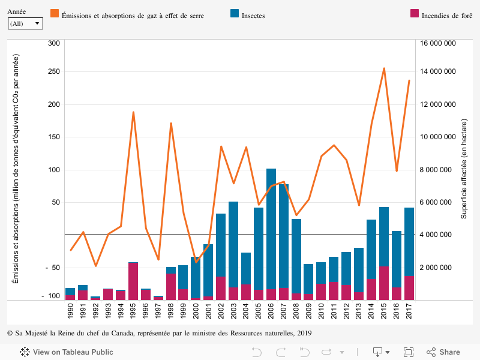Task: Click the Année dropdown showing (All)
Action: pos(25,23)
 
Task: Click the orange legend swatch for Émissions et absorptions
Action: pos(55,13)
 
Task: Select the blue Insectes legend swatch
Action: pos(235,13)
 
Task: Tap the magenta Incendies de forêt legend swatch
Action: pos(415,13)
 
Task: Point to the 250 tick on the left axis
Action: pos(53,72)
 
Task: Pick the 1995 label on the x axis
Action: pos(133,311)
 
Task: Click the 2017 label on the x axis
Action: pos(409,311)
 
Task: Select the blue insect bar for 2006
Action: pos(271,228)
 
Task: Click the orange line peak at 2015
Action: pos(384,68)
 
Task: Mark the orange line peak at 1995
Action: pos(133,112)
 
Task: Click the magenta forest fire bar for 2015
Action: pos(384,283)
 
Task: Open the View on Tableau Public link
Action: pos(67,352)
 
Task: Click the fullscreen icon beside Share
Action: pos(409,352)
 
